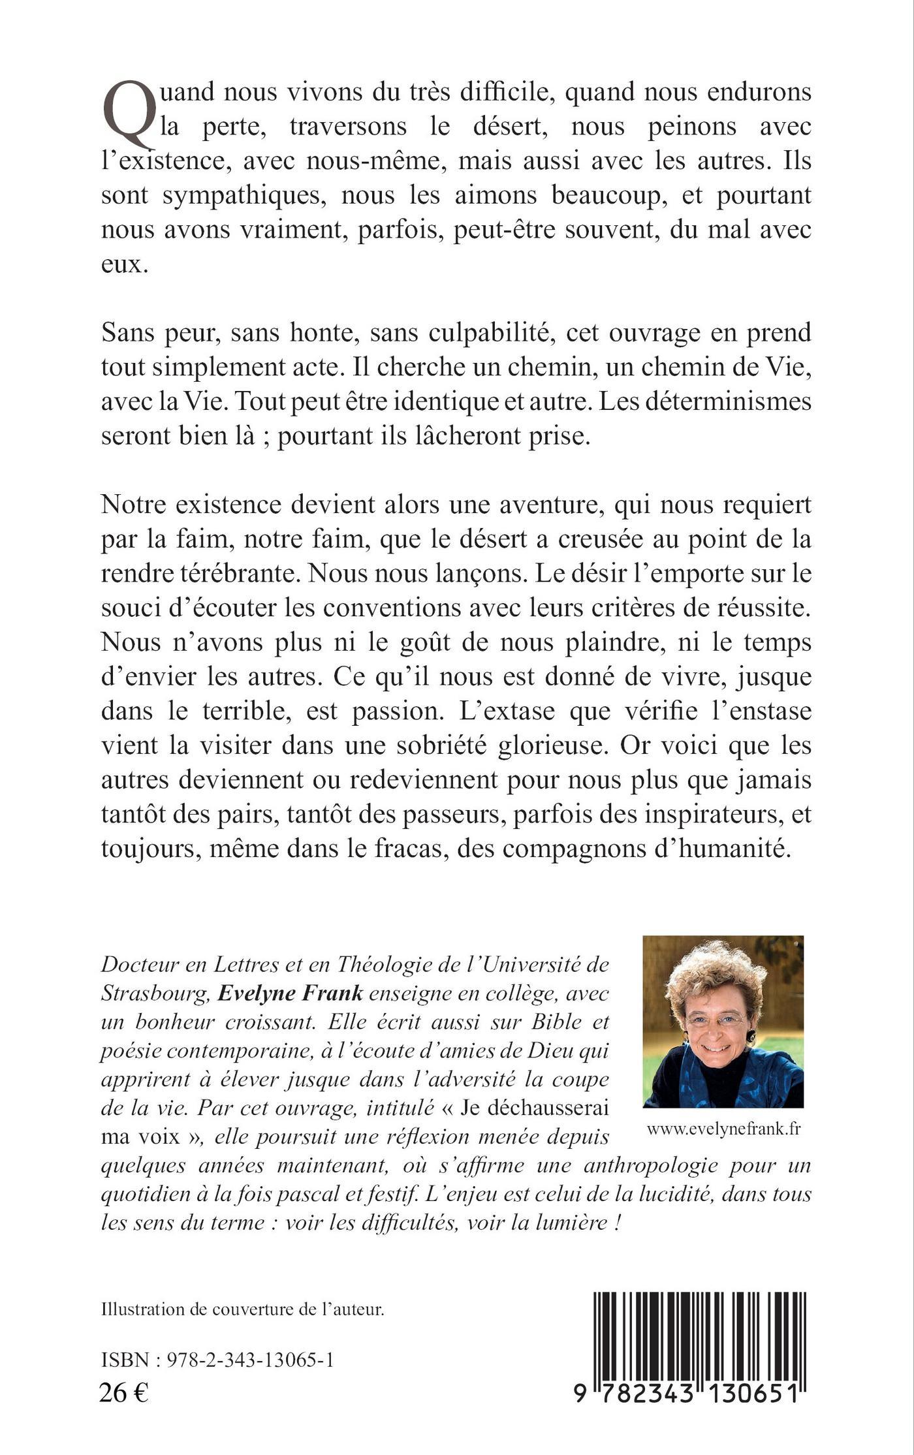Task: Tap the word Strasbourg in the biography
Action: point(154,993)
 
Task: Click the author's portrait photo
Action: point(723,1022)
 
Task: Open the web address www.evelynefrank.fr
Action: point(723,1131)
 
